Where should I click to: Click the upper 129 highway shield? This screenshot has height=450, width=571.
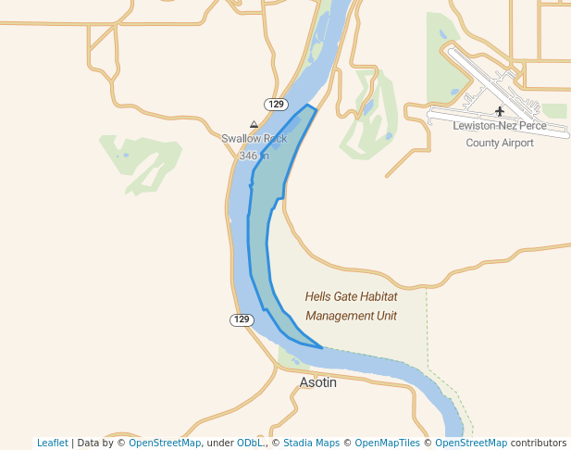[x=276, y=104]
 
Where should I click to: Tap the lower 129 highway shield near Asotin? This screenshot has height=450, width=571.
[x=242, y=319]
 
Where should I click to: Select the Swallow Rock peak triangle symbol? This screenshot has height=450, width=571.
[x=254, y=124]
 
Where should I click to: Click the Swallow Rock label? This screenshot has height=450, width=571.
[x=254, y=139]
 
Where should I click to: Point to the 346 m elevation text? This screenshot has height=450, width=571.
[x=254, y=156]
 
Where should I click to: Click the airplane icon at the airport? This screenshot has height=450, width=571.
[x=500, y=112]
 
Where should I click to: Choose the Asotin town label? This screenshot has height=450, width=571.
[x=317, y=381]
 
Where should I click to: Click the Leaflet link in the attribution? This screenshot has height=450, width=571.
[x=53, y=443]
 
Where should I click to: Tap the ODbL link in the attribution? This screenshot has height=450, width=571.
[x=251, y=443]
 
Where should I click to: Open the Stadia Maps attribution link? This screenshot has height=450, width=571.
[x=311, y=443]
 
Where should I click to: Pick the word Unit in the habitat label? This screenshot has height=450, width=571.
[x=386, y=316]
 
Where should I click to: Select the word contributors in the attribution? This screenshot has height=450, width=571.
[x=539, y=443]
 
